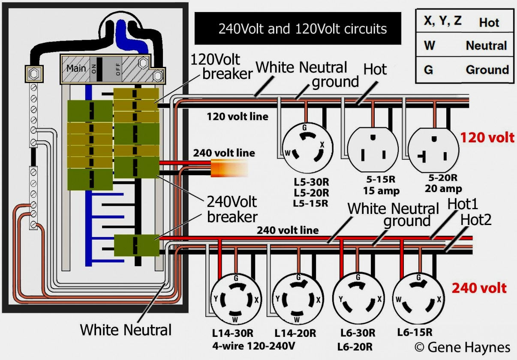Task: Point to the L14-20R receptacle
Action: click(x=297, y=299)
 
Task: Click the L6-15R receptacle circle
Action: click(x=419, y=299)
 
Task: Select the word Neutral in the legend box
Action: click(x=486, y=45)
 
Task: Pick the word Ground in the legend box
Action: click(x=487, y=69)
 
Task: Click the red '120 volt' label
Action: click(x=487, y=138)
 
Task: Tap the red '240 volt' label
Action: click(x=479, y=288)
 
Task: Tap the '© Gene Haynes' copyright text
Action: click(x=463, y=347)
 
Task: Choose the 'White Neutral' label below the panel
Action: click(x=126, y=330)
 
